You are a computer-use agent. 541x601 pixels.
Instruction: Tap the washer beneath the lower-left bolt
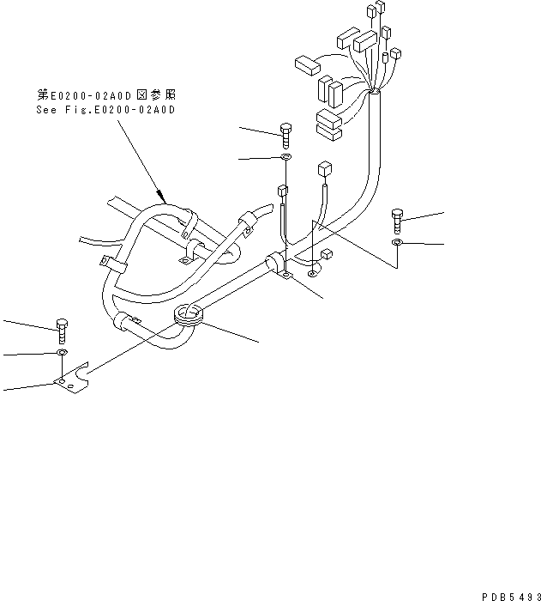click(x=61, y=352)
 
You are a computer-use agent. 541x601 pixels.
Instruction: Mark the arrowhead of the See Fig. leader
click(x=161, y=196)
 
